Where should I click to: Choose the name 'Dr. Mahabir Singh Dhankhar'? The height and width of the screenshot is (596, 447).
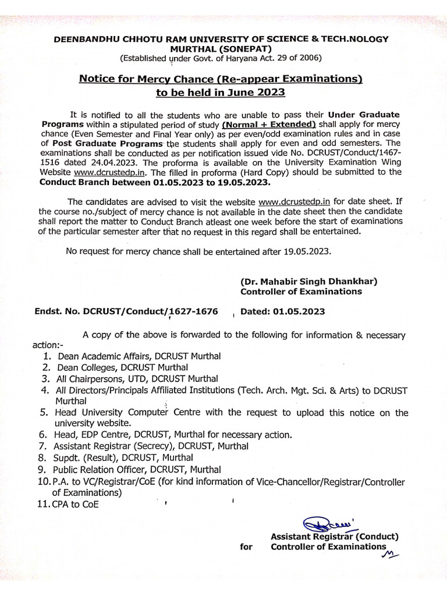coord(309,281)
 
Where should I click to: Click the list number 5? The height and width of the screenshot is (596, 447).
coord(44,412)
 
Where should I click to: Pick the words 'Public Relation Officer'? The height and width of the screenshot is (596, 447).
coord(100,469)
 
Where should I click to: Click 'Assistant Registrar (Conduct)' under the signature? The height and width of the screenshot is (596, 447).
coord(334,536)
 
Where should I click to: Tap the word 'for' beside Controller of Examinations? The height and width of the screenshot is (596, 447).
coord(246,547)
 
